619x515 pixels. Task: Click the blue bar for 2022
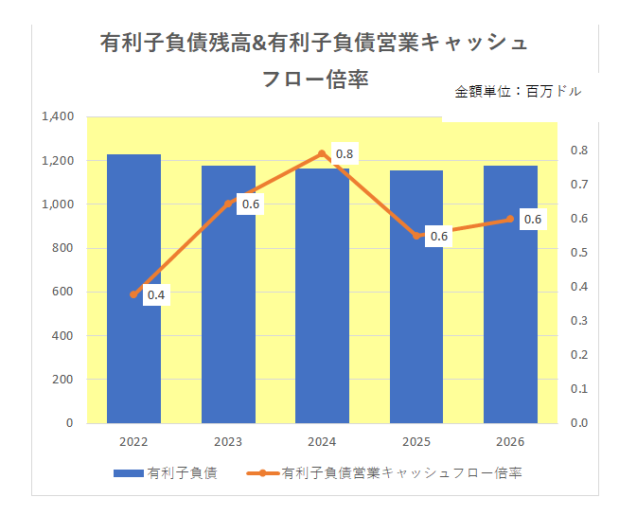click(133, 288)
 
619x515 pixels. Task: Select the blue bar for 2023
click(228, 293)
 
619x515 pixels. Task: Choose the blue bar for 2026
click(510, 293)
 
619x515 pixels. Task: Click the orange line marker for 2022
click(133, 294)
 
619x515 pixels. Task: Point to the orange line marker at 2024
click(322, 154)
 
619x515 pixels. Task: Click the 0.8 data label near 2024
click(345, 154)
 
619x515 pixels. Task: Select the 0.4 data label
click(156, 295)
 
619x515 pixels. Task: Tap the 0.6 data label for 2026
click(533, 220)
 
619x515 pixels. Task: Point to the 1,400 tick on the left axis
click(58, 116)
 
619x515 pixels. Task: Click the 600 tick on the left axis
click(62, 292)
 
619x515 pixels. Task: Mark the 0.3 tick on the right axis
click(579, 321)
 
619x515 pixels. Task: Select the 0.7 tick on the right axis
click(579, 185)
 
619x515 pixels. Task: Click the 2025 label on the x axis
click(416, 442)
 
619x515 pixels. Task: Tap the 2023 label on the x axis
click(228, 442)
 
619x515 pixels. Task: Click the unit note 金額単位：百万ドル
click(518, 92)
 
